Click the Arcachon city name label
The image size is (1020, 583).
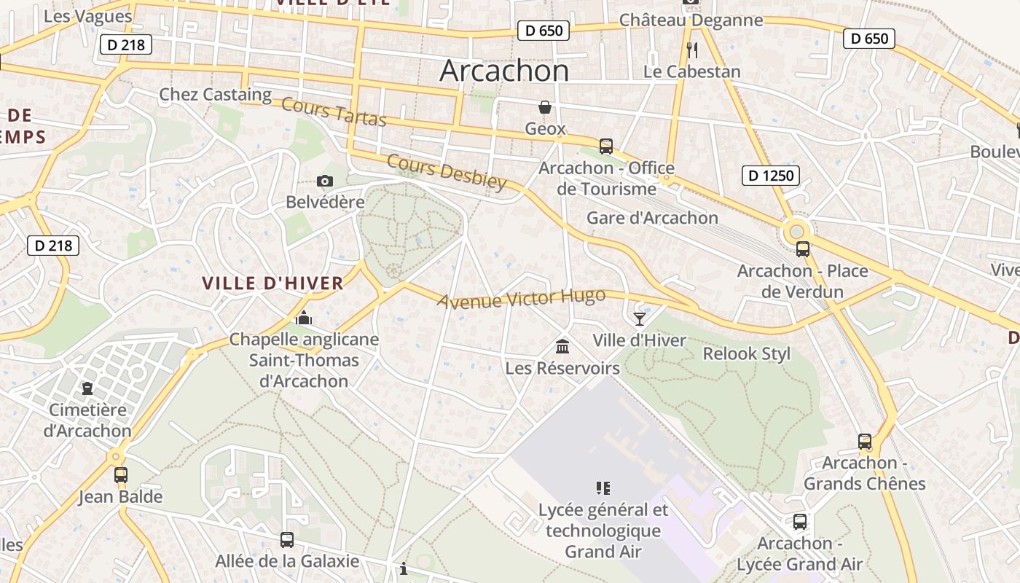tap(504, 71)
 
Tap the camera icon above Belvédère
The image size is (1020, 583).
tap(325, 181)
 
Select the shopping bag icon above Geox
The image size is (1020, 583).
tap(545, 107)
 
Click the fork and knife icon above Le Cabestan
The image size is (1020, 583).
tap(692, 50)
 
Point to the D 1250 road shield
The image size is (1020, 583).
tap(771, 175)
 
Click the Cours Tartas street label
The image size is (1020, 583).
tap(333, 111)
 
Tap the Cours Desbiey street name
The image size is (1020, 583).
tap(446, 171)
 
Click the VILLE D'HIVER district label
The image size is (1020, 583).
tap(272, 283)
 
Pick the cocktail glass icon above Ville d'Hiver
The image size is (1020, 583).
tap(640, 318)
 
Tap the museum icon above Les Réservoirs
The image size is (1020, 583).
tap(562, 346)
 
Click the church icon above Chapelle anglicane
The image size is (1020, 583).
tap(304, 318)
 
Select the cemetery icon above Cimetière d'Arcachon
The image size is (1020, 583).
tap(87, 388)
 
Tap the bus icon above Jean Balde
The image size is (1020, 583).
tap(121, 475)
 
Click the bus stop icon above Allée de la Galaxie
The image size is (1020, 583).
tap(287, 539)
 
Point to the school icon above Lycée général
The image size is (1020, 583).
tap(603, 488)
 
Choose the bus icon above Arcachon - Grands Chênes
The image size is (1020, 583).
tap(865, 441)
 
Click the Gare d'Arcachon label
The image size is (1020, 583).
tap(652, 218)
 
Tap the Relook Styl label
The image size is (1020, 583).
tap(746, 354)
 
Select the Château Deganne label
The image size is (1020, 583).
tap(691, 20)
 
